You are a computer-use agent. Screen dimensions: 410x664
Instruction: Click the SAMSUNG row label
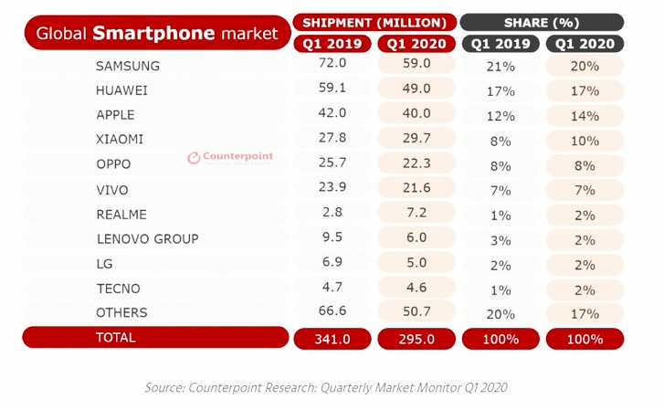pos(128,67)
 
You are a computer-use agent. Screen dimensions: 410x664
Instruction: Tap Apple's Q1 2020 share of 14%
pos(585,116)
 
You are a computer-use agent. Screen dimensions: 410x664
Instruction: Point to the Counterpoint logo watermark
pos(230,157)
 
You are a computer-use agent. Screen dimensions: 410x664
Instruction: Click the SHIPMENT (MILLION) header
pos(374,22)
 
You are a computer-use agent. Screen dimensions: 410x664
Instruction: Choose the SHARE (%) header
pos(542,22)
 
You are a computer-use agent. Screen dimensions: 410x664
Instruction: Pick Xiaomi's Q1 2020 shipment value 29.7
pos(416,140)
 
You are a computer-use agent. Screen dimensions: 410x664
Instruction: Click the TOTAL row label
pos(115,338)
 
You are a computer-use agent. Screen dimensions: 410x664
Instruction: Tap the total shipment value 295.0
pos(416,339)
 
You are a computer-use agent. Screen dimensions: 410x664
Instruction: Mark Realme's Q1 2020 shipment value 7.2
pos(416,214)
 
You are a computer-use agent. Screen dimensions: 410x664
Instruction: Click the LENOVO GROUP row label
pos(147,239)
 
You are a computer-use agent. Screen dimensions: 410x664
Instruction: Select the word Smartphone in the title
pos(154,34)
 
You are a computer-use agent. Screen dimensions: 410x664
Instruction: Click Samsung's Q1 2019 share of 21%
pos(501,67)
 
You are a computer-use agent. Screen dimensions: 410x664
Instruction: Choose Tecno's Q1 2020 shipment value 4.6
pos(416,288)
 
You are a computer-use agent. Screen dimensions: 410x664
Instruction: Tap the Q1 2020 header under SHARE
pos(585,43)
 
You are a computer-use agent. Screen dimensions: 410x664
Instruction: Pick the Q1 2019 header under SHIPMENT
pos(332,43)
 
